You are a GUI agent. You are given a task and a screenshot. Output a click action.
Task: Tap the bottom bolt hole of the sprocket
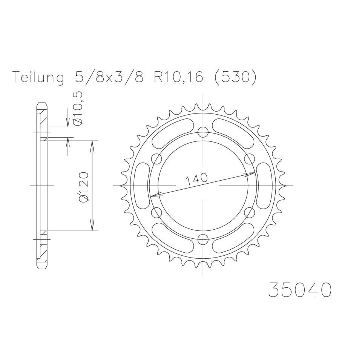(x=203, y=239)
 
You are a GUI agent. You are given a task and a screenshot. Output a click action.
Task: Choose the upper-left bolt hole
(x=156, y=159)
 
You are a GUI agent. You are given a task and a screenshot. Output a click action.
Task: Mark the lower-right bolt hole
(x=250, y=213)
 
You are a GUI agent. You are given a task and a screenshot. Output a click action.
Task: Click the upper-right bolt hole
(x=250, y=159)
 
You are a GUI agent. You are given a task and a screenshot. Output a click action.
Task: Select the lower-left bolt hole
(x=156, y=213)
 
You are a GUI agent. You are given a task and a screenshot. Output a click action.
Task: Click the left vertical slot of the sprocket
(x=140, y=186)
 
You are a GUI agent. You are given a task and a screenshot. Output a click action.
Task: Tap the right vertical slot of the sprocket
(x=266, y=186)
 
